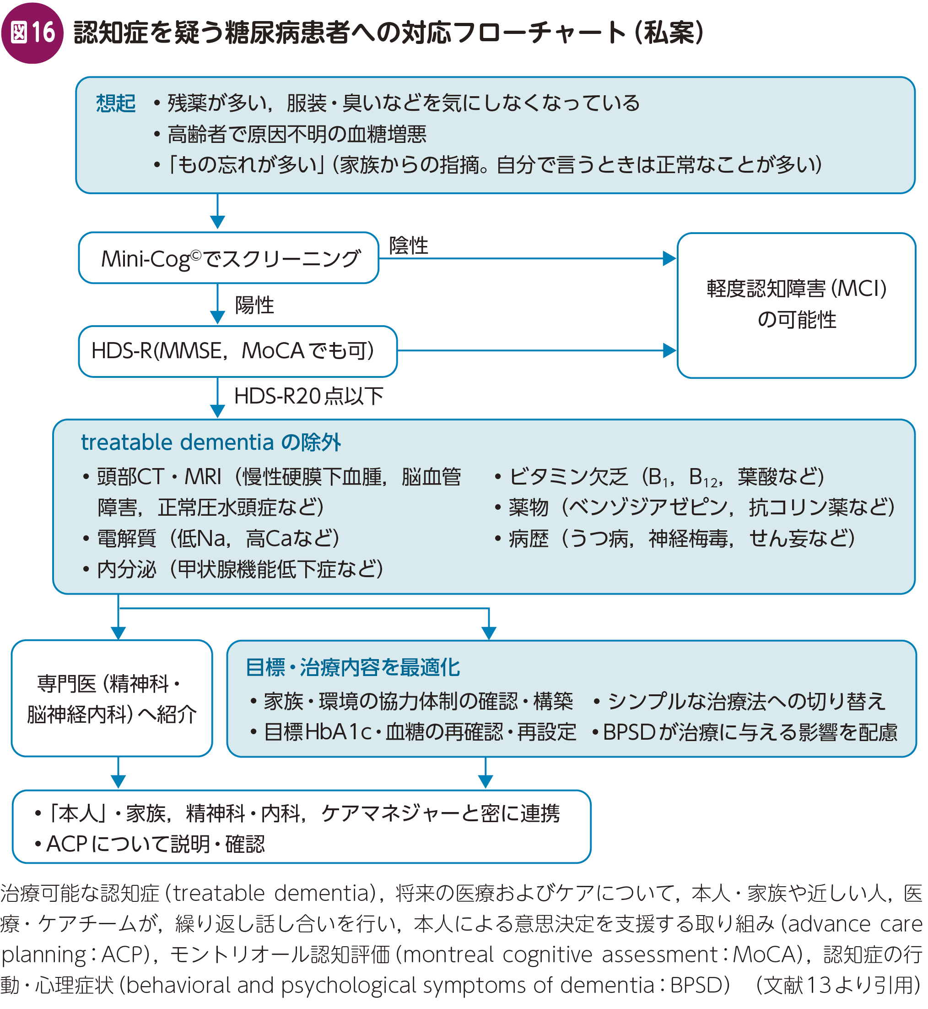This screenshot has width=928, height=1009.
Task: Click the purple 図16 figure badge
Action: click(32, 33)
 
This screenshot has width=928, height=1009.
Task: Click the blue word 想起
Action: click(115, 104)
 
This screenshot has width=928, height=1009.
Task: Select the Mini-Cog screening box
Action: click(228, 258)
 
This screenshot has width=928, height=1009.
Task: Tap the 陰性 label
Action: click(409, 245)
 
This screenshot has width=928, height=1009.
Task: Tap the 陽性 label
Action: click(254, 305)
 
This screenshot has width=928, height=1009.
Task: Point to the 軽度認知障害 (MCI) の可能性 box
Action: click(796, 305)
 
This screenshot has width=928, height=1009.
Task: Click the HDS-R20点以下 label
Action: click(308, 397)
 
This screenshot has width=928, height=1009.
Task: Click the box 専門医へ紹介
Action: click(112, 698)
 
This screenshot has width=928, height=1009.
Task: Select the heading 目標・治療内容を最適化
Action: click(352, 668)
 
